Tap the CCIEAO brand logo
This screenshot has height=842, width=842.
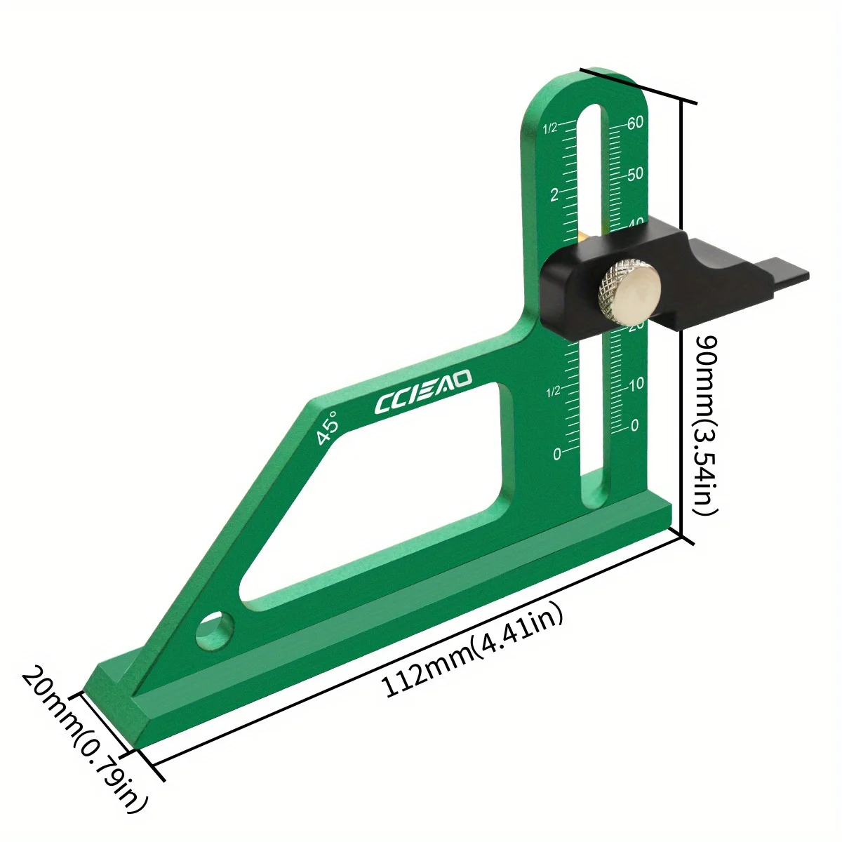point(424,394)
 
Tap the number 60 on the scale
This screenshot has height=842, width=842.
point(636,122)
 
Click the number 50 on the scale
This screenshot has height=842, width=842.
point(635,174)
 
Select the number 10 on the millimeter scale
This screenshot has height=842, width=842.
point(636,384)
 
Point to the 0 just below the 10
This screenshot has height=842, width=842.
point(635,425)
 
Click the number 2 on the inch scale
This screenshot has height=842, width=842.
point(554,194)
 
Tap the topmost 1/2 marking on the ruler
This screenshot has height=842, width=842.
point(550,128)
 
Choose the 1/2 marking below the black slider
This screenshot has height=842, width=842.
point(553,390)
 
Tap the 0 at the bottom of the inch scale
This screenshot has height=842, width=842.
point(557,454)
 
